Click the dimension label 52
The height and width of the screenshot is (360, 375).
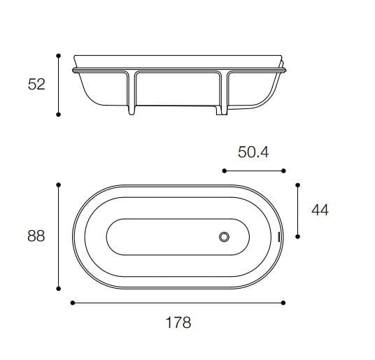(x=36, y=84)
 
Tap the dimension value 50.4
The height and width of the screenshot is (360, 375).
(x=253, y=152)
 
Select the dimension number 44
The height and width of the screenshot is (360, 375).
(x=319, y=210)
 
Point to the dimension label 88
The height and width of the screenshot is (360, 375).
(x=36, y=236)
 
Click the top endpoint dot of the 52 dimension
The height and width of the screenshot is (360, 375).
(x=59, y=55)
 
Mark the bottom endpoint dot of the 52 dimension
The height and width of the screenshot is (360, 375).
(x=59, y=114)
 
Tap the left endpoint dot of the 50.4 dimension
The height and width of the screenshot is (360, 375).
(x=223, y=170)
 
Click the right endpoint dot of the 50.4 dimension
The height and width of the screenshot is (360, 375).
(x=283, y=170)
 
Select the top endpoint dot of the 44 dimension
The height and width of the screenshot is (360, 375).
(x=298, y=185)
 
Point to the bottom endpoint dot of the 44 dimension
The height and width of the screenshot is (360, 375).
(x=298, y=236)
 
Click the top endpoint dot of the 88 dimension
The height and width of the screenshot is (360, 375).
(x=59, y=185)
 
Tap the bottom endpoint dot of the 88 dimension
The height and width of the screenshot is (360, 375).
(x=59, y=287)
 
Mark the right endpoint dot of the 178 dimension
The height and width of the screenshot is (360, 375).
(x=283, y=303)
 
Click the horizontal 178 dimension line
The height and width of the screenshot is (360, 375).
(x=178, y=303)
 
